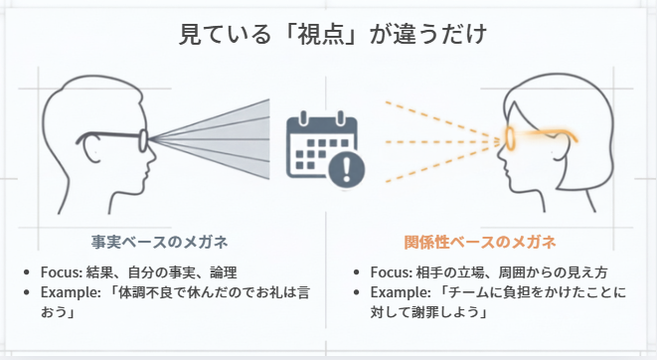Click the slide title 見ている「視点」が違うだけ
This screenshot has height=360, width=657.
(x=333, y=34)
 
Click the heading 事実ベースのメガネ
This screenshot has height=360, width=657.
(x=159, y=242)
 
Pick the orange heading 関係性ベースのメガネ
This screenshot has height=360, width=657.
(x=480, y=242)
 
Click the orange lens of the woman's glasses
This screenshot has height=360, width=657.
(x=510, y=138)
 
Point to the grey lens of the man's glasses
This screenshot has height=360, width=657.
(x=144, y=140)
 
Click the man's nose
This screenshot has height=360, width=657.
(x=152, y=155)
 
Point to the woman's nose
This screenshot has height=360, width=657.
(x=501, y=153)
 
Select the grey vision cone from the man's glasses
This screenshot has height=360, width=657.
(x=210, y=139)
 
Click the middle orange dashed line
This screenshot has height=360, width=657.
(x=442, y=141)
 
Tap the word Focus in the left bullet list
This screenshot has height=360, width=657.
(x=61, y=272)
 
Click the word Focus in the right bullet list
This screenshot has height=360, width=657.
(x=390, y=272)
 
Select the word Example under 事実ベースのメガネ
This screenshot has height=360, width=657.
(x=69, y=292)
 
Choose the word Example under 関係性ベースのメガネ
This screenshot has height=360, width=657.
(x=399, y=292)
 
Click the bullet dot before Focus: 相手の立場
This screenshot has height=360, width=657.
(x=356, y=272)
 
